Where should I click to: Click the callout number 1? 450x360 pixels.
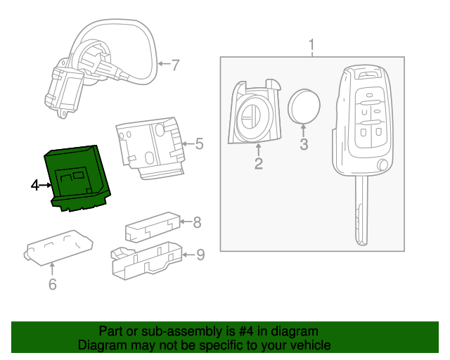(311, 47)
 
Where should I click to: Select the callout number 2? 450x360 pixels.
(259, 164)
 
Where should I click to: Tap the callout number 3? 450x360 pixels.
(304, 146)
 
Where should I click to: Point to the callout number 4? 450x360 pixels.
(35, 186)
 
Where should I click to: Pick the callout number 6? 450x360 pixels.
(52, 284)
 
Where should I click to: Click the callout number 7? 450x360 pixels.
(175, 65)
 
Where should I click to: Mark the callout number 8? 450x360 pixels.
(197, 223)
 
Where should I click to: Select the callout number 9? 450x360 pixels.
(200, 255)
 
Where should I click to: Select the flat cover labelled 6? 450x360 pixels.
(59, 249)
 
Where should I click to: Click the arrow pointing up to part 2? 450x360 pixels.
(259, 148)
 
